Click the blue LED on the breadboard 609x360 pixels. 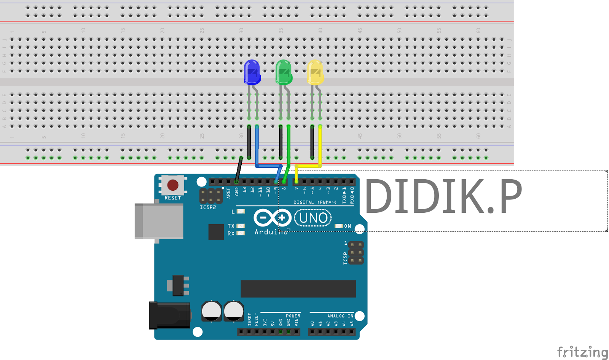pyautogui.click(x=252, y=72)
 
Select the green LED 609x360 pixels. pyautogui.click(x=284, y=72)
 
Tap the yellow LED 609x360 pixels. pyautogui.click(x=315, y=72)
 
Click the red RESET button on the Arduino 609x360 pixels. pyautogui.click(x=173, y=185)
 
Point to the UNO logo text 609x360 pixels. pyautogui.click(x=313, y=218)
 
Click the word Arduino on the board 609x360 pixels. pyautogui.click(x=271, y=232)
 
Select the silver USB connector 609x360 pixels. pyautogui.click(x=159, y=221)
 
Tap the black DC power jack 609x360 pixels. pyautogui.click(x=169, y=315)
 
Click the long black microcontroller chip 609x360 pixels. pyautogui.click(x=298, y=288)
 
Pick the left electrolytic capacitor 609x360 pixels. pyautogui.click(x=211, y=311)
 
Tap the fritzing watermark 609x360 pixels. pyautogui.click(x=582, y=352)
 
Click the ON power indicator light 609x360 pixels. pyautogui.click(x=338, y=226)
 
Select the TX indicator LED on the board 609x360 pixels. pyautogui.click(x=241, y=226)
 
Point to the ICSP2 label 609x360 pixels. pyautogui.click(x=208, y=207)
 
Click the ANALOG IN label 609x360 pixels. pyautogui.click(x=340, y=316)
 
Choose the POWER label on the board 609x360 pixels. pyautogui.click(x=293, y=316)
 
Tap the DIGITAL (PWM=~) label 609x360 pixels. pyautogui.click(x=315, y=202)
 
